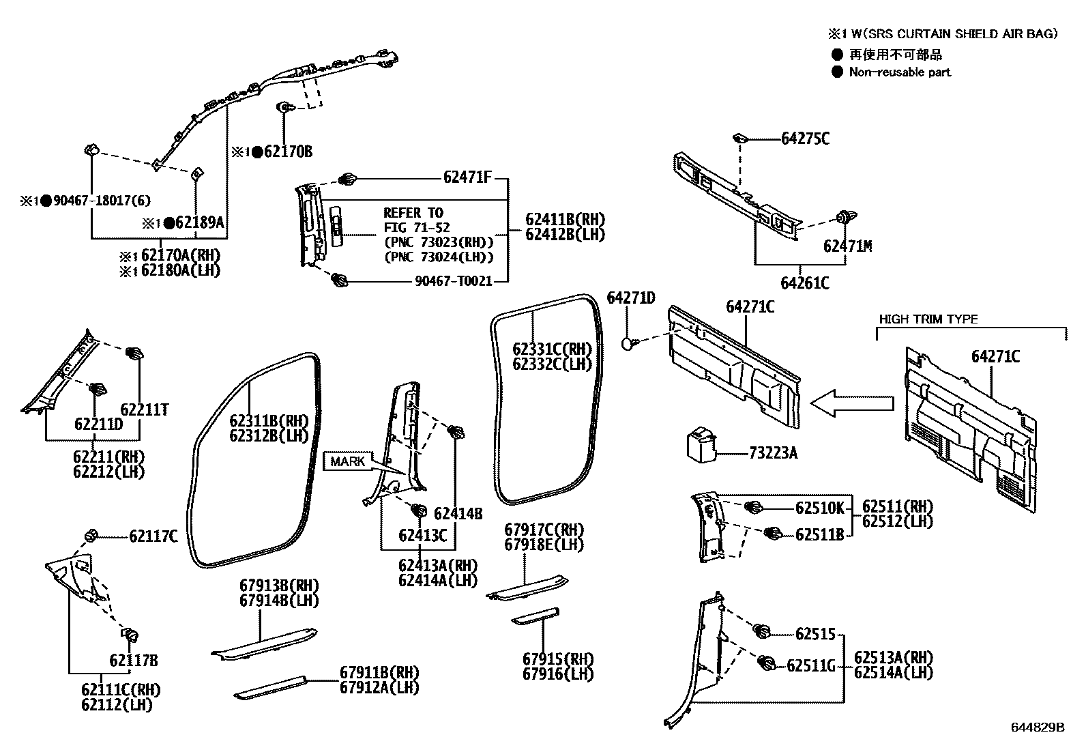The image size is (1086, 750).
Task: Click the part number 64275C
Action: [805, 139]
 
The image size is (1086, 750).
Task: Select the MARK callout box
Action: [347, 461]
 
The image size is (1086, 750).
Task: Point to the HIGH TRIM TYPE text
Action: [928, 319]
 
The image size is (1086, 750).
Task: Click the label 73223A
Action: [773, 452]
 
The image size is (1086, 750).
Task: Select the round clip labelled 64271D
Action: [628, 343]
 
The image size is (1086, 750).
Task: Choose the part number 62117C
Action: [153, 536]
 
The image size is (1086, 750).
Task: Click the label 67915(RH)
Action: [558, 659]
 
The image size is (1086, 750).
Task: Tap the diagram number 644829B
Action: [1037, 727]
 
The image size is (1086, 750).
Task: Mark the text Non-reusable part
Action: [899, 72]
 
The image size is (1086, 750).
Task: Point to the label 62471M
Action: [847, 246]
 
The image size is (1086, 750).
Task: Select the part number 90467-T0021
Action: [454, 280]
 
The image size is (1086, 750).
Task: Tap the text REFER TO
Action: [413, 212]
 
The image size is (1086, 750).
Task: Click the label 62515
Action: [815, 634]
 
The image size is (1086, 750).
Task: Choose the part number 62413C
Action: [422, 536]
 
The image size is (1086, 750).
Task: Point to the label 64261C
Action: [805, 283]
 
